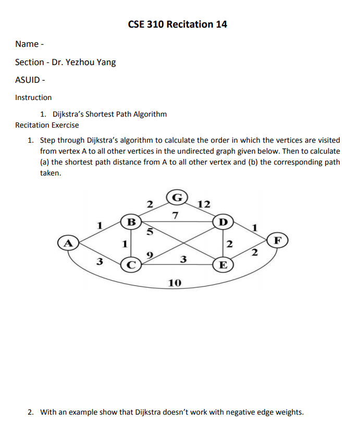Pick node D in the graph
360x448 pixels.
(224, 221)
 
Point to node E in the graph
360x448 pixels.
(224, 264)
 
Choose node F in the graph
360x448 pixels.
(279, 241)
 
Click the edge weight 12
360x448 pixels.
(204, 204)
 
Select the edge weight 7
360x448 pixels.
(175, 215)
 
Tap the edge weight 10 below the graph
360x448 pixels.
(175, 283)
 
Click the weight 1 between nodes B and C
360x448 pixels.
(124, 243)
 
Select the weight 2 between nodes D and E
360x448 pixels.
(230, 244)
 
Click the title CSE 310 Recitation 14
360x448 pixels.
(177, 24)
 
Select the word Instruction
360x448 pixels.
(33, 97)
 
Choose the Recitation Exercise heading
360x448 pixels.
(47, 125)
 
